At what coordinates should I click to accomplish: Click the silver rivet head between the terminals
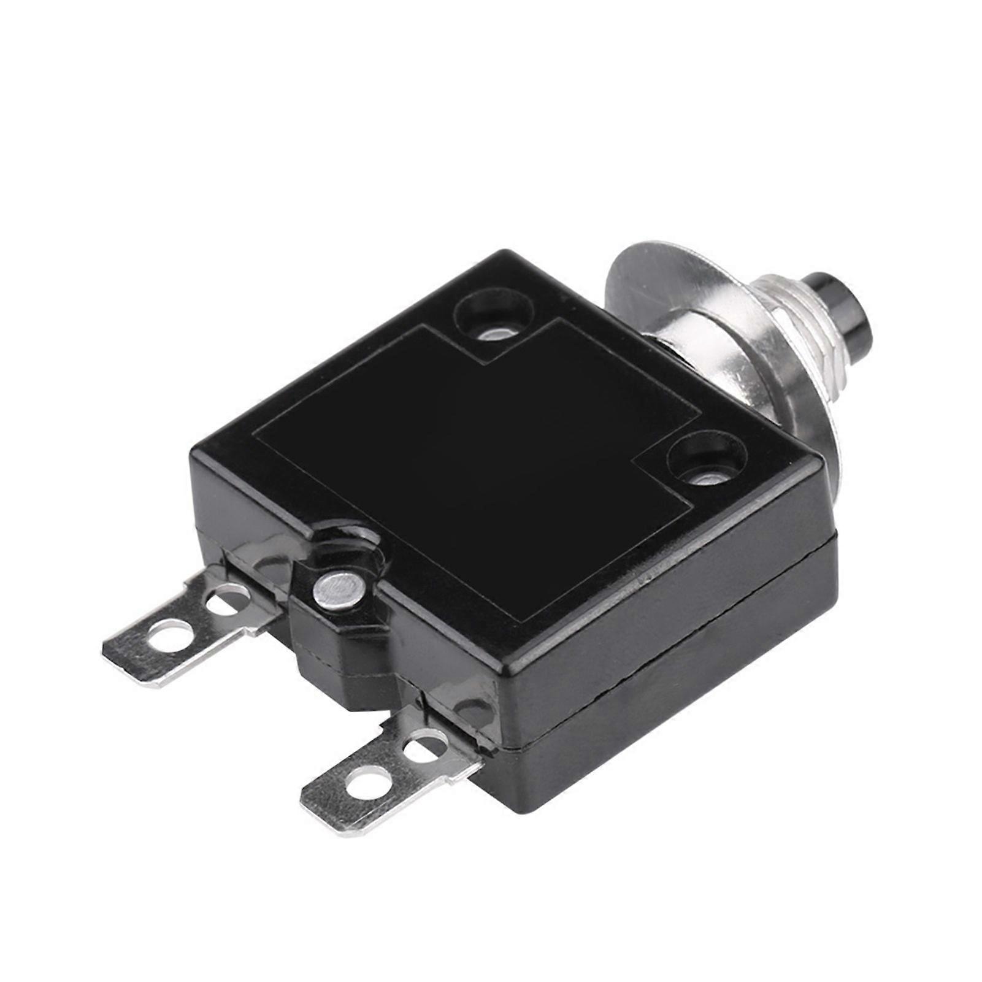[336, 590]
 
